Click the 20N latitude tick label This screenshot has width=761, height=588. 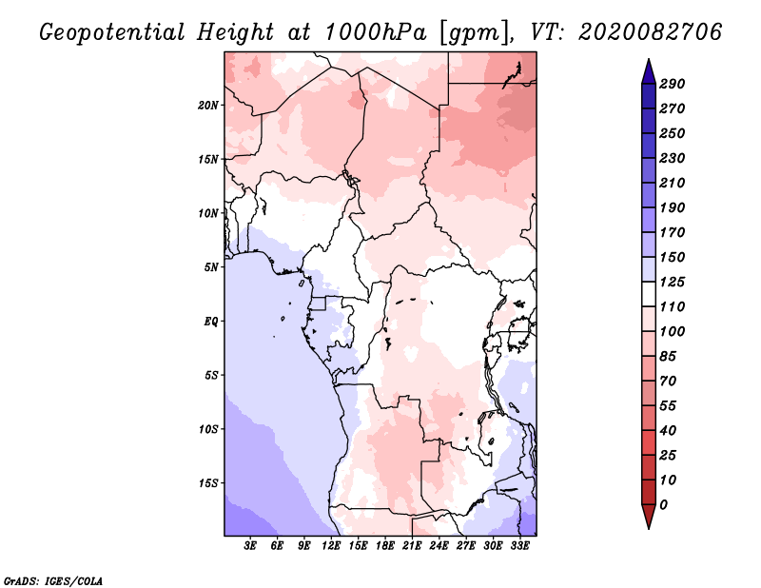208,106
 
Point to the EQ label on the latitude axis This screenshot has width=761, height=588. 211,322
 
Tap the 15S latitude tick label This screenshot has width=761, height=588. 208,483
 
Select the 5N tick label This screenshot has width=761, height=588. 211,267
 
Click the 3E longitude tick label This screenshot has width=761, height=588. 250,545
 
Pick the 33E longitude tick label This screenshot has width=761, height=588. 519,545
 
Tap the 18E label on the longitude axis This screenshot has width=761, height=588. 385,545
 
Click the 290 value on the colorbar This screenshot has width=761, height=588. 673,84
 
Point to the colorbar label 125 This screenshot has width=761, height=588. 673,282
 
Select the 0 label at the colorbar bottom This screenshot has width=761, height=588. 663,505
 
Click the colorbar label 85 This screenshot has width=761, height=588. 668,357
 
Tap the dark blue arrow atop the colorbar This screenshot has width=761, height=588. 649,71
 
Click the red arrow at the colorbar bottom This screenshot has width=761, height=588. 649,517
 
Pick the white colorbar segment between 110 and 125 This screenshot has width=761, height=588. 649,294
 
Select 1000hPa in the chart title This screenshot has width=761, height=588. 376,32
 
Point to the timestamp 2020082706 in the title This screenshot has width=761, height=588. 651,32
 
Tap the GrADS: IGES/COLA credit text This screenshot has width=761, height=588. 53,581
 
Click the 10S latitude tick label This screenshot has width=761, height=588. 208,429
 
